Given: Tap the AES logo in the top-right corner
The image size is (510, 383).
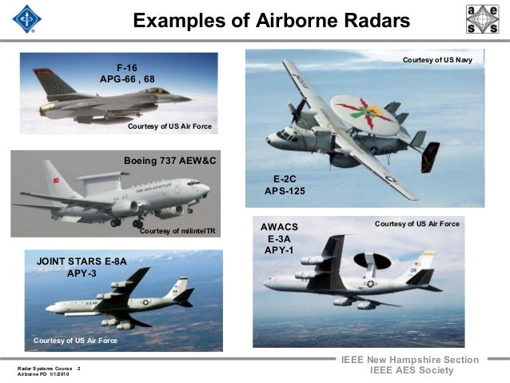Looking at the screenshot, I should click(482, 19).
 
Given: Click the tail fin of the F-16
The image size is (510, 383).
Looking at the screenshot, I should click(50, 82).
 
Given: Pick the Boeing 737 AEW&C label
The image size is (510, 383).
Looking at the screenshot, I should click(170, 162).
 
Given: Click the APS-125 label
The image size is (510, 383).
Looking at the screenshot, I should click(285, 192).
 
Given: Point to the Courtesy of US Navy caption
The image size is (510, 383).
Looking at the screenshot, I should click(437, 60).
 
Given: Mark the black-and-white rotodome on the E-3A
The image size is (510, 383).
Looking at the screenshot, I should click(372, 260).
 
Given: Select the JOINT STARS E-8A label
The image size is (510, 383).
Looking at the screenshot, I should click(82, 261).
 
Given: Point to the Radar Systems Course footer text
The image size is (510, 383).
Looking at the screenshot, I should click(45, 368).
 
